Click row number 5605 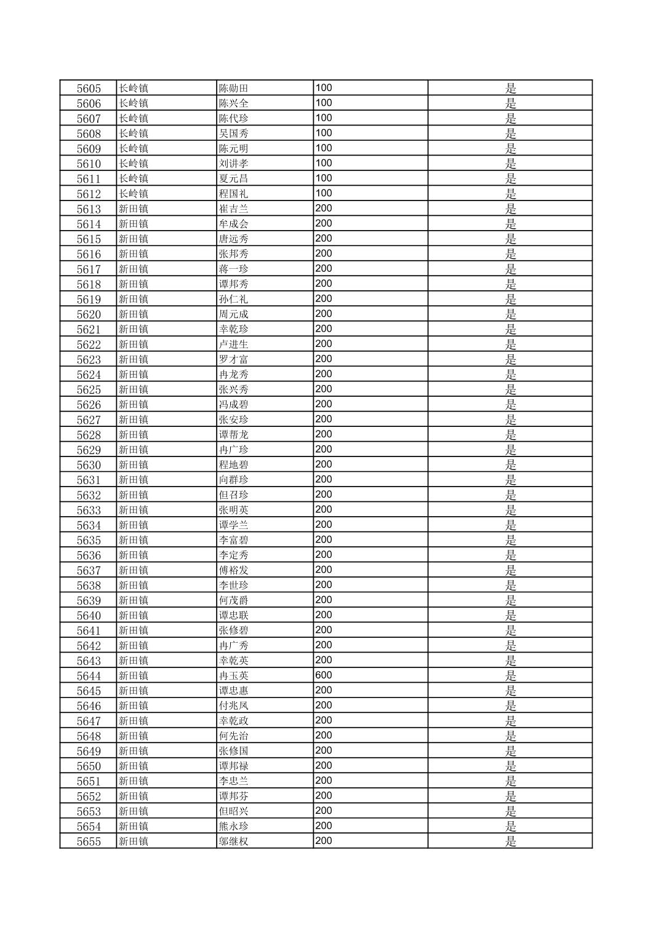point(89,88)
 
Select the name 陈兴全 point(234,103)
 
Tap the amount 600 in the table point(324,675)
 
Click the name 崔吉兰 point(234,209)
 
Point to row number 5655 point(89,842)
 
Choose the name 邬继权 point(234,842)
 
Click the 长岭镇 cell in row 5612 point(134,194)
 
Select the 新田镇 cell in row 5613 point(134,209)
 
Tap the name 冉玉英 point(234,675)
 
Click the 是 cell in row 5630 point(511,465)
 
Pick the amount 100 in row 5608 point(324,133)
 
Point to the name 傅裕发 point(234,570)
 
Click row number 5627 point(89,420)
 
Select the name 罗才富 point(234,359)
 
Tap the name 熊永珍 point(234,826)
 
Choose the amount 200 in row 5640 point(324,615)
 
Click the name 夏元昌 point(234,178)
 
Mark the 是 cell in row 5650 point(511,766)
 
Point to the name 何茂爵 point(234,600)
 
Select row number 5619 point(89,299)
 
